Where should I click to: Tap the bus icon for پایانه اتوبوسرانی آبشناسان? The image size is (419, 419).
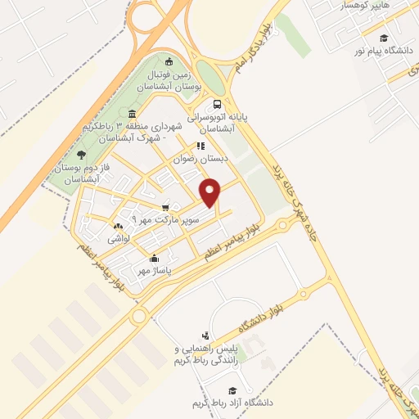pos(217,104)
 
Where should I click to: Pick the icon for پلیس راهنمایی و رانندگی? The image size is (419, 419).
pos(205,336)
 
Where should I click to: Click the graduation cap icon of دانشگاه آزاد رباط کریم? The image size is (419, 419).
pos(232,390)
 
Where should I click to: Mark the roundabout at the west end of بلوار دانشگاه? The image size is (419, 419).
pos(138,315)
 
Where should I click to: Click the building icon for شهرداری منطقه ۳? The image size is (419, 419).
pos(132,114)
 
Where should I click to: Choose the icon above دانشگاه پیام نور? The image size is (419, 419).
pos(384,38)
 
